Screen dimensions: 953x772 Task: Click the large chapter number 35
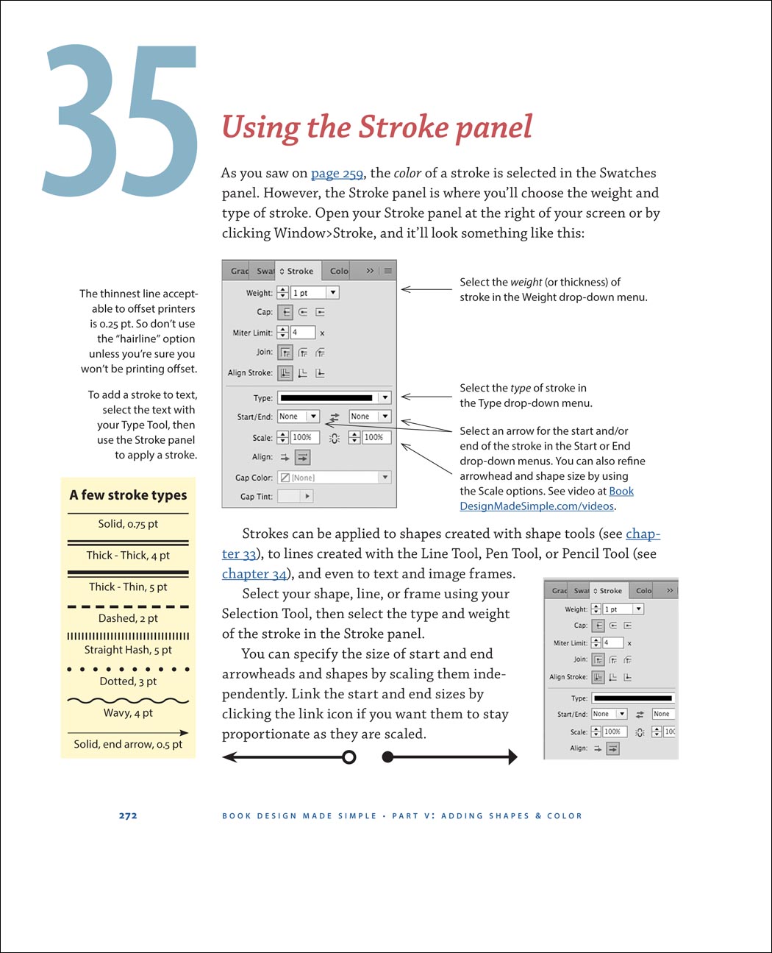click(121, 121)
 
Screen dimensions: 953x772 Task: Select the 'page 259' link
click(337, 173)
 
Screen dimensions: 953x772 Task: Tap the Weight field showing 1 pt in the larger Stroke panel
click(308, 293)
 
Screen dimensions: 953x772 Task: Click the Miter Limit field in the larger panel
click(302, 333)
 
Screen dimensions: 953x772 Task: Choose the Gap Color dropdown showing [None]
click(334, 478)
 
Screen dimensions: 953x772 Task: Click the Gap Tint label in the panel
click(256, 497)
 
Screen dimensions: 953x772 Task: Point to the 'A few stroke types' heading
click(128, 495)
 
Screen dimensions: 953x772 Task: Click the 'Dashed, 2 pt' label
click(128, 618)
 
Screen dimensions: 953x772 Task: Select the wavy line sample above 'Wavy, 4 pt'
click(128, 701)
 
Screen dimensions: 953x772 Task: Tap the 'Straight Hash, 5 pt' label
click(128, 650)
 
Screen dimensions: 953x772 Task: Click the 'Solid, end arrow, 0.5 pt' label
click(128, 744)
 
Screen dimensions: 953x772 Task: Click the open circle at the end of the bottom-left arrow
click(349, 757)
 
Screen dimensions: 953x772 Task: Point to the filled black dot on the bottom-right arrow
click(388, 757)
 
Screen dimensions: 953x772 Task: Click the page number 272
click(128, 815)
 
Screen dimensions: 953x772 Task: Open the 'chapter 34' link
click(254, 574)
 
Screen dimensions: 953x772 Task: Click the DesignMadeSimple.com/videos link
click(537, 506)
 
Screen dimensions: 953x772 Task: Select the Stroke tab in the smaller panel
click(610, 590)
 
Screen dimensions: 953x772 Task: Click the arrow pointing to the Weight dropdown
click(426, 290)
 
